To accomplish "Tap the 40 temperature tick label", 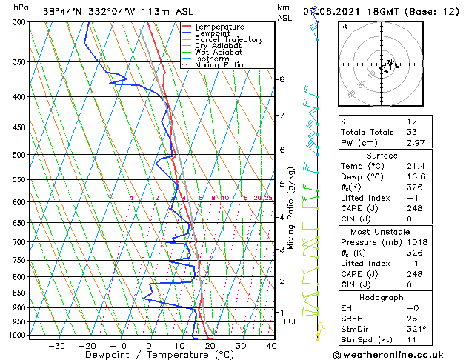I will click(271, 346).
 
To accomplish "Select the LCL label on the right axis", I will click(290, 321).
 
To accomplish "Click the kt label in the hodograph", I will click(344, 27).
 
